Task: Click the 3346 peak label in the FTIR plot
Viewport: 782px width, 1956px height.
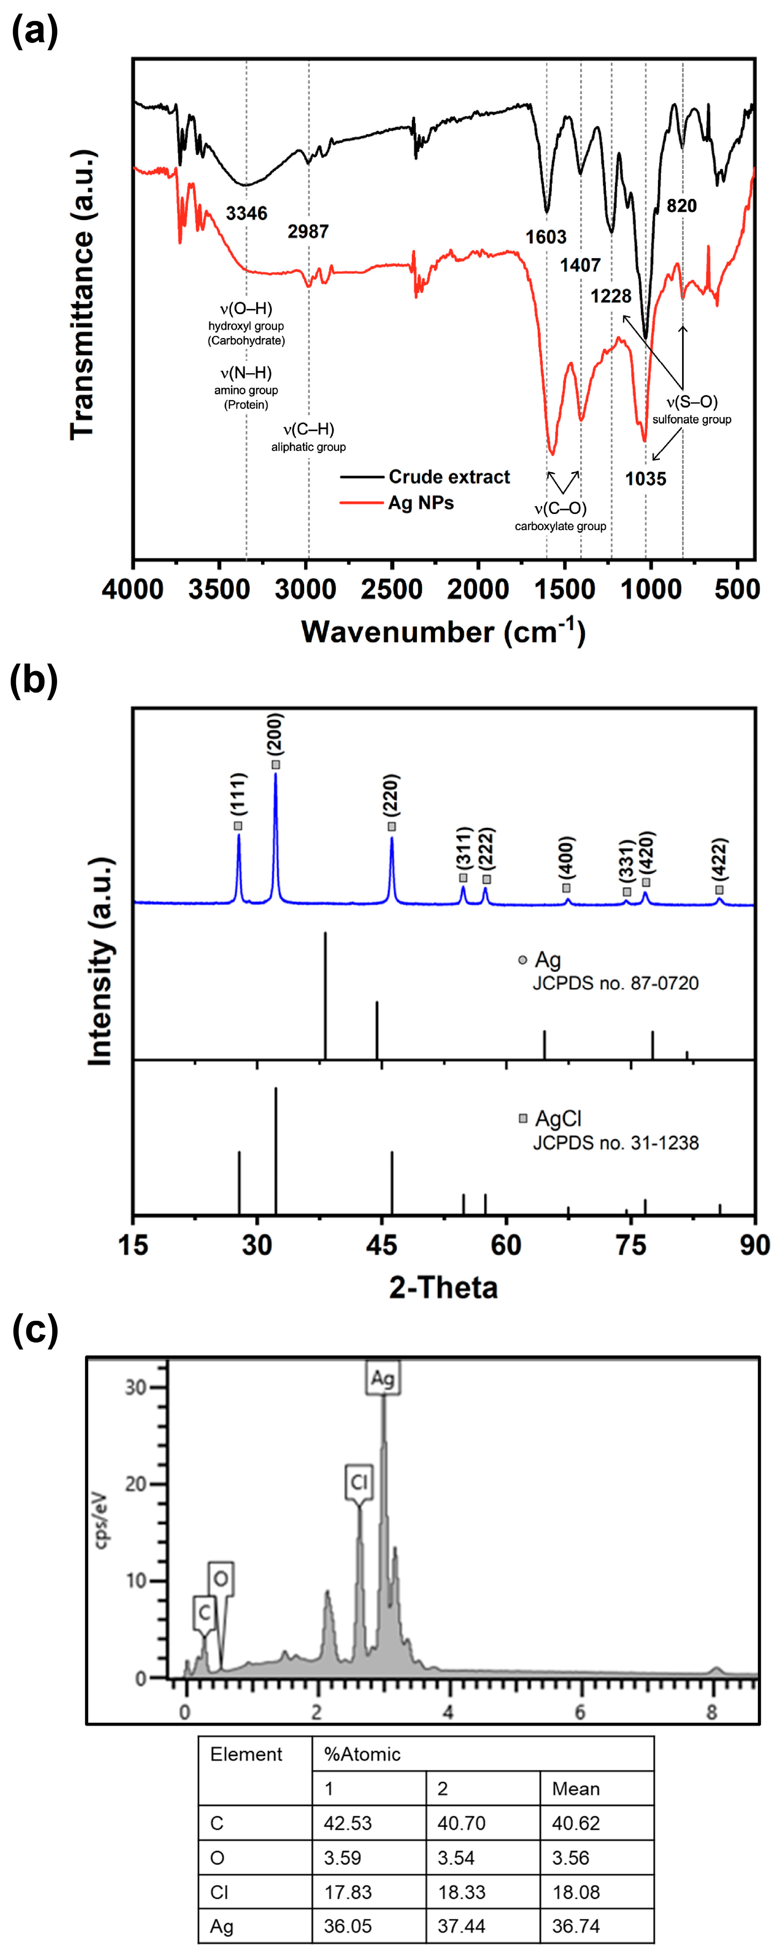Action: pyautogui.click(x=247, y=213)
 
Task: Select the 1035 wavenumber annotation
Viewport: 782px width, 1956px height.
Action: pyautogui.click(x=645, y=479)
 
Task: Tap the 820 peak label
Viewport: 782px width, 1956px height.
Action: pyautogui.click(x=681, y=206)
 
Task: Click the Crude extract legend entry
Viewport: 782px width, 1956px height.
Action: pyautogui.click(x=449, y=477)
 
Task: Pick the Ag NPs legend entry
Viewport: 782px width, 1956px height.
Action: pyautogui.click(x=421, y=503)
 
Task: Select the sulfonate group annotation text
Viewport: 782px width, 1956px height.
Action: pyautogui.click(x=692, y=419)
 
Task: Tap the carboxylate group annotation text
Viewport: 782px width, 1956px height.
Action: pyautogui.click(x=560, y=526)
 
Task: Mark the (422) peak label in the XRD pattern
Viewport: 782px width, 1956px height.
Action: pyautogui.click(x=720, y=859)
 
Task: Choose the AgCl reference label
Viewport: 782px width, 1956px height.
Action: pyautogui.click(x=558, y=1118)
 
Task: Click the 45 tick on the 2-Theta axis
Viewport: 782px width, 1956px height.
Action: pyautogui.click(x=381, y=1245)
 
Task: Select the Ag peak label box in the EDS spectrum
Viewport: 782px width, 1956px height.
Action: pyautogui.click(x=382, y=1378)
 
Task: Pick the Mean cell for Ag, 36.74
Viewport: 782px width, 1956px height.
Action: pyautogui.click(x=576, y=1926)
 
